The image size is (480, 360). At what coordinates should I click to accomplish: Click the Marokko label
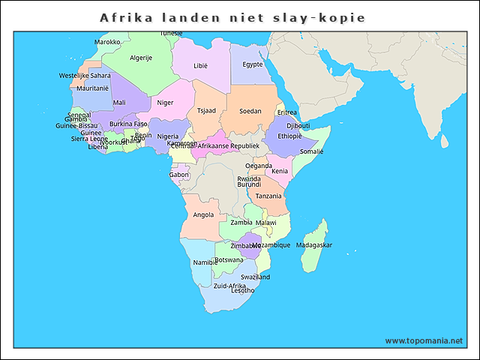pyautogui.click(x=107, y=42)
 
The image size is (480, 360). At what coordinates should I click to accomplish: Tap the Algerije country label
pyautogui.click(x=141, y=58)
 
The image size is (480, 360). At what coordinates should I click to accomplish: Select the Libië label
pyautogui.click(x=200, y=66)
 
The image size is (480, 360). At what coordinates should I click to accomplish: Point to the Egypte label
pyautogui.click(x=253, y=64)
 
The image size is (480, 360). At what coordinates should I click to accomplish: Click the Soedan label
pyautogui.click(x=250, y=111)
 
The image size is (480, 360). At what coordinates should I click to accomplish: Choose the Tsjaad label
pyautogui.click(x=206, y=110)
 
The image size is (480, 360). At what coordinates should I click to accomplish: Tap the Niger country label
pyautogui.click(x=165, y=103)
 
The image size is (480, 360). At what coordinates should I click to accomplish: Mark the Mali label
pyautogui.click(x=119, y=103)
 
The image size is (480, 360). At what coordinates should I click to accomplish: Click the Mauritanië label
pyautogui.click(x=93, y=88)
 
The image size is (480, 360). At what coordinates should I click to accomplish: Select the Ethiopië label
pyautogui.click(x=289, y=136)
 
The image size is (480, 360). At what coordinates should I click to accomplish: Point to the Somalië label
pyautogui.click(x=312, y=151)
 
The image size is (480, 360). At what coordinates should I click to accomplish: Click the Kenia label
pyautogui.click(x=280, y=171)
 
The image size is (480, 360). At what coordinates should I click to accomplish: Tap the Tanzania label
pyautogui.click(x=268, y=196)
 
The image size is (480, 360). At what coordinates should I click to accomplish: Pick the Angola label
pyautogui.click(x=203, y=214)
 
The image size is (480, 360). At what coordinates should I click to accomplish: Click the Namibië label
pyautogui.click(x=205, y=262)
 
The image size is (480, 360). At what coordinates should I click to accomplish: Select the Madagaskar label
pyautogui.click(x=314, y=245)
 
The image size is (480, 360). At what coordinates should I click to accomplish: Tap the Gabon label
pyautogui.click(x=179, y=175)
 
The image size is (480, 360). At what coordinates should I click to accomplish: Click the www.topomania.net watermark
pyautogui.click(x=424, y=340)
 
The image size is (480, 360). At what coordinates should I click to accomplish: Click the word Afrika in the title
pyautogui.click(x=124, y=17)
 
